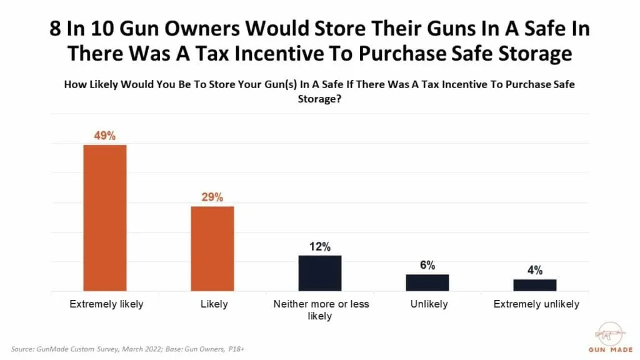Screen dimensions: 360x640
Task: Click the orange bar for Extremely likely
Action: pyautogui.click(x=105, y=217)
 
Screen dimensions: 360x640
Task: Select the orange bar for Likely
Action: pyautogui.click(x=212, y=248)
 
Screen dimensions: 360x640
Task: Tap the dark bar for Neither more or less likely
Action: pyautogui.click(x=320, y=273)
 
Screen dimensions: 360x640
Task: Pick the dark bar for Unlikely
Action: pyautogui.click(x=427, y=282)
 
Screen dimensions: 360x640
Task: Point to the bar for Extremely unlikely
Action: pyautogui.click(x=534, y=285)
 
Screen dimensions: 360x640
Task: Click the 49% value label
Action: pyautogui.click(x=105, y=136)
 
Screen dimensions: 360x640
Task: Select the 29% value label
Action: pyautogui.click(x=212, y=197)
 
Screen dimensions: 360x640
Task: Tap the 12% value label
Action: pyautogui.click(x=320, y=246)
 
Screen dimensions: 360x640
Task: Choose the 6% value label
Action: pyautogui.click(x=427, y=265)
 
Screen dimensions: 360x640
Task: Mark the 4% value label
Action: pyautogui.click(x=534, y=270)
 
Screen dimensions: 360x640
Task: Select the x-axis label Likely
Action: pyautogui.click(x=212, y=304)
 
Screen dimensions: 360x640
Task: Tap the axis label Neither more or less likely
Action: pyautogui.click(x=321, y=310)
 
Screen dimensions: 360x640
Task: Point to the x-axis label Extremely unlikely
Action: pyautogui.click(x=536, y=304)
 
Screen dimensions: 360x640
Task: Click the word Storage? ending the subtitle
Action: pyautogui.click(x=320, y=98)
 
